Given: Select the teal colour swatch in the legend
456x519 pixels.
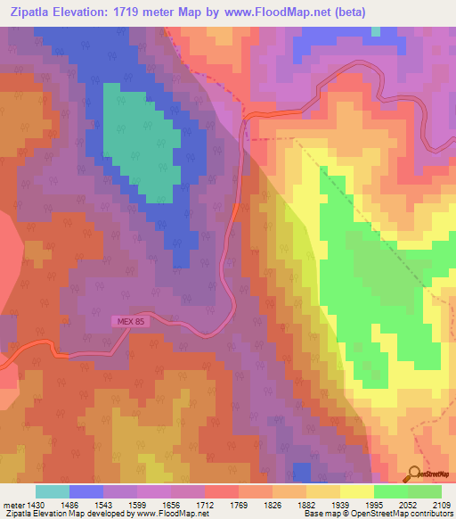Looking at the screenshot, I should (x=53, y=491).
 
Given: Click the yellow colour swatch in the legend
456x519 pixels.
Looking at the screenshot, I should (x=357, y=491).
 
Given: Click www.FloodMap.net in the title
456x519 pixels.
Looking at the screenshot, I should (x=273, y=12).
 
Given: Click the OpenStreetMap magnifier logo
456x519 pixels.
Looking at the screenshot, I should (x=415, y=474).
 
